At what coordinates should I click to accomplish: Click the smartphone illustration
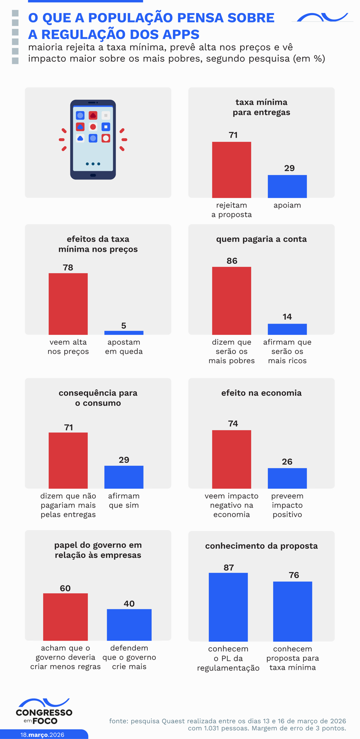coord(93,140)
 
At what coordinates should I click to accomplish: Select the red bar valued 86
coord(231,301)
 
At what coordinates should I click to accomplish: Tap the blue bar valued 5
coord(124,333)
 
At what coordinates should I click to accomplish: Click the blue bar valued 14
coord(287,329)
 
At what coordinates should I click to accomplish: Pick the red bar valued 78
coord(68,304)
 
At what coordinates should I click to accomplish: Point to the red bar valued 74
coord(231,459)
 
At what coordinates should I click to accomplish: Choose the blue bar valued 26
coord(287,478)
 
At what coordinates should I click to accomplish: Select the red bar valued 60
coord(65,617)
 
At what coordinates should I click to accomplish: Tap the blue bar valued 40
coord(129,625)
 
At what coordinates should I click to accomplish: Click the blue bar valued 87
coord(228,607)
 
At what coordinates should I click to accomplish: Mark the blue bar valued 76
coord(292,611)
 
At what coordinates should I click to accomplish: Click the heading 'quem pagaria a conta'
coord(261,239)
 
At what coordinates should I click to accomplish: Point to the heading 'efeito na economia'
coord(261,393)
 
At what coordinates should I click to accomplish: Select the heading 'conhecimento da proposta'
coord(261,546)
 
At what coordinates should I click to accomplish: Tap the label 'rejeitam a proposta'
coord(231,210)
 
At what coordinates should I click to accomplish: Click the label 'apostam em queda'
coord(124,347)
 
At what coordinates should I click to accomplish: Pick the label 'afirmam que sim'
coord(124,500)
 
